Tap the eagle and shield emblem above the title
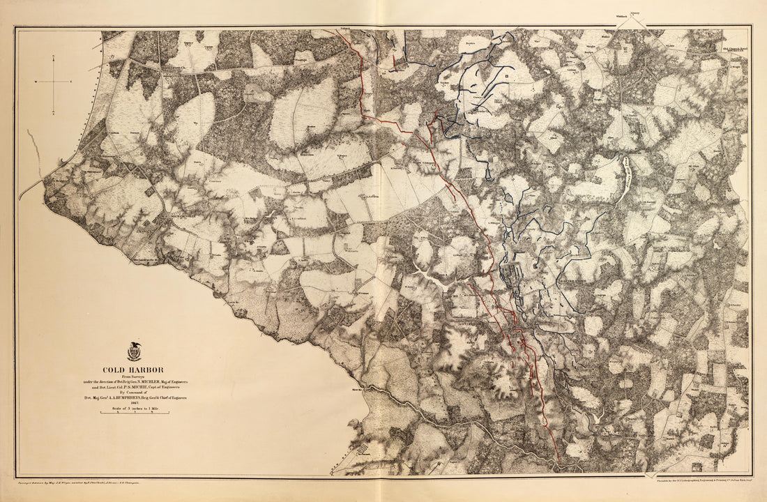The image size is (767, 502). (x=135, y=351)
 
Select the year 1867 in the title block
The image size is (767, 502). (x=135, y=403)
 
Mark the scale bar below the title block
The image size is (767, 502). (x=135, y=412)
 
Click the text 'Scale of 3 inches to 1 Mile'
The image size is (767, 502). (x=135, y=409)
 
